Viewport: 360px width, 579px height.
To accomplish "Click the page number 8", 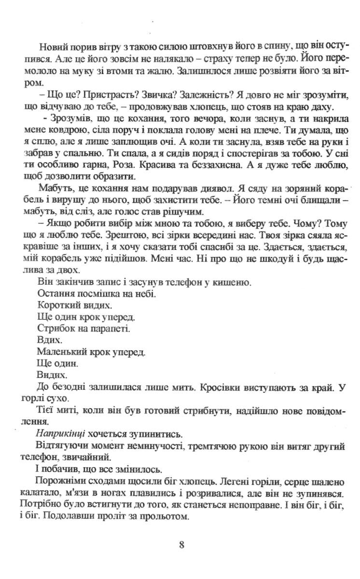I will click(x=181, y=545).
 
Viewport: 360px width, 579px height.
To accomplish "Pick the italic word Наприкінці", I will click(x=59, y=432).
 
